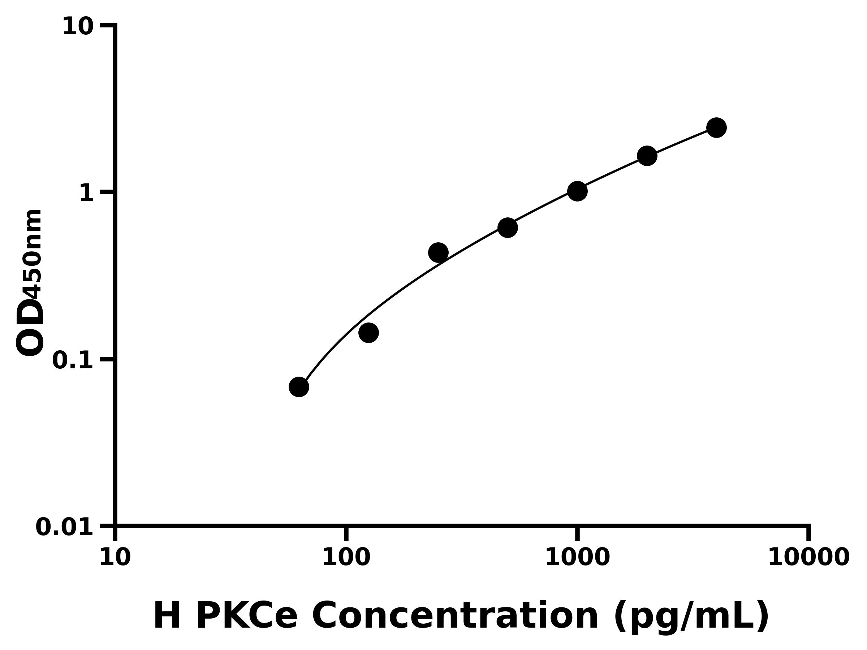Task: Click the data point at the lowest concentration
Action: pyautogui.click(x=299, y=387)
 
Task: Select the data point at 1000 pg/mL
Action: pyautogui.click(x=577, y=191)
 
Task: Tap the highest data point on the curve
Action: pyautogui.click(x=716, y=128)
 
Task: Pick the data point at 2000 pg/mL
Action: pyautogui.click(x=647, y=156)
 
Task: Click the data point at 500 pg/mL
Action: pyautogui.click(x=508, y=227)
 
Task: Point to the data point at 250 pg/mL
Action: pyautogui.click(x=438, y=252)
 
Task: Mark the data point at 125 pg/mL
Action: pyautogui.click(x=368, y=333)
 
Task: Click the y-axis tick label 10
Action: pyautogui.click(x=78, y=27)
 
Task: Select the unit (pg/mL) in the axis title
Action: pyautogui.click(x=691, y=617)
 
